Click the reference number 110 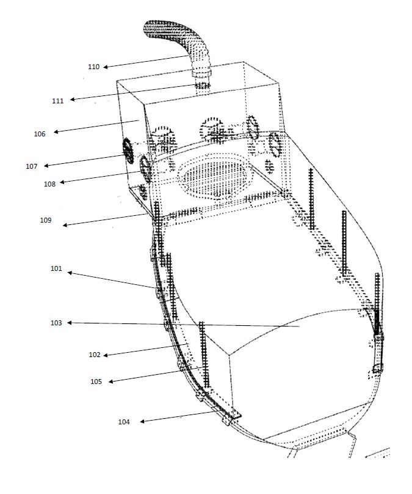(94, 67)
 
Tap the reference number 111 (58, 101)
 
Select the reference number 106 (40, 134)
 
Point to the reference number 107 (32, 166)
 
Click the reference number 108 (49, 184)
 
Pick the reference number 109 (46, 220)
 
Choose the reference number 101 (56, 268)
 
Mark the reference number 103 (56, 323)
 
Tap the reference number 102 (95, 355)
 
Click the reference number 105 (96, 382)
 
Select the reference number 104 (124, 422)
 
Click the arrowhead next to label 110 (106, 67)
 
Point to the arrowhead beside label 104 (142, 421)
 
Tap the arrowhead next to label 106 (56, 132)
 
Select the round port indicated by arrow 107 (128, 150)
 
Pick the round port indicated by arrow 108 (145, 169)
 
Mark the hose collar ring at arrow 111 (202, 86)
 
